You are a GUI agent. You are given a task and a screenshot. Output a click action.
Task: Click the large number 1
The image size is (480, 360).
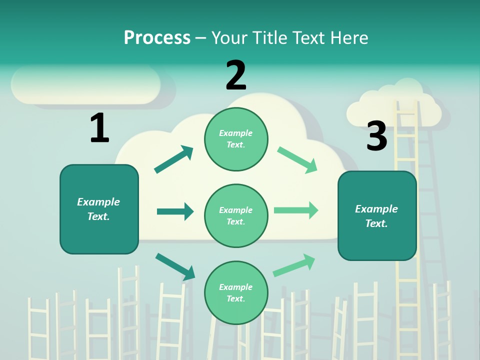click(x=99, y=128)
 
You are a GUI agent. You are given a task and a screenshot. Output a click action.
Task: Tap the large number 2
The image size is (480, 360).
click(x=236, y=76)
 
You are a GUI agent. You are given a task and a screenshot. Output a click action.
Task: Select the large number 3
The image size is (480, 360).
click(x=376, y=136)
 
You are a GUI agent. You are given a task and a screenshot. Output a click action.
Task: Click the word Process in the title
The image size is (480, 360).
click(x=157, y=37)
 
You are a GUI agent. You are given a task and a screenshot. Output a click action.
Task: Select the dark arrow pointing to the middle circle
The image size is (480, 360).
click(x=175, y=211)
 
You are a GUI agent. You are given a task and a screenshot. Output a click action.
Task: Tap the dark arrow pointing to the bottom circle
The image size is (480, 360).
click(x=175, y=266)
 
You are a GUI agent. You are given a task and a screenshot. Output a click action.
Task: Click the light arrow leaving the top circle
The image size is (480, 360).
click(x=297, y=160)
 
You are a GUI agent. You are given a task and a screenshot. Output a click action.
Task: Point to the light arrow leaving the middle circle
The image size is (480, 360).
click(x=296, y=210)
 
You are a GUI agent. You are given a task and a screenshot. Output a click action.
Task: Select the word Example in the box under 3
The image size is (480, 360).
click(x=376, y=209)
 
